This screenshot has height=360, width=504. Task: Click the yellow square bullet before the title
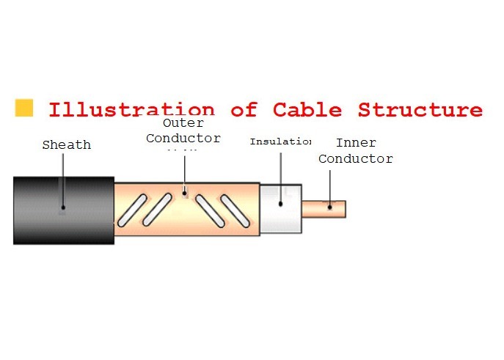click(x=24, y=107)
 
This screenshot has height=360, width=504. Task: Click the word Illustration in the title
click(x=131, y=110)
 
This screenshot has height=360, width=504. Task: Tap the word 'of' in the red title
click(x=244, y=110)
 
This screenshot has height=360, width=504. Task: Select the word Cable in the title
click(x=307, y=110)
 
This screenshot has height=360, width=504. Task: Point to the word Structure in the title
click(x=420, y=110)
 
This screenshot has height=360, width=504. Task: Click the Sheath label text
click(x=66, y=145)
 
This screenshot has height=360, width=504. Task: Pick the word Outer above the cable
click(x=183, y=123)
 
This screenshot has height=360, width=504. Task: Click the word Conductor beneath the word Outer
click(x=183, y=138)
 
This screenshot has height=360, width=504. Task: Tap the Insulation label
click(x=280, y=141)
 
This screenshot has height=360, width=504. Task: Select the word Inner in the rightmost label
click(x=356, y=144)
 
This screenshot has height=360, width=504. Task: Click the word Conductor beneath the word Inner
click(x=355, y=158)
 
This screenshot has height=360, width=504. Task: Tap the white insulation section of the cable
click(x=280, y=208)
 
